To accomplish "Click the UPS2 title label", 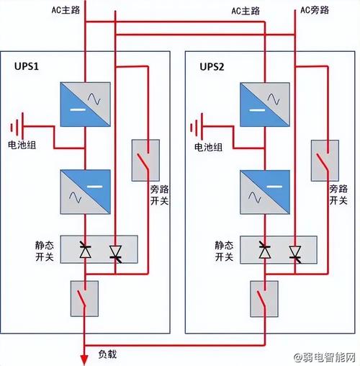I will (212, 66).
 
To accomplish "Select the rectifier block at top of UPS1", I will (85, 104).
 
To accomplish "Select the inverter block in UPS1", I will (85, 192).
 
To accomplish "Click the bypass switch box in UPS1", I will (146, 161).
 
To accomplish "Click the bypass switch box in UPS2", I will (325, 161).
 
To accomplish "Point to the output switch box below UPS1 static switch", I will (85, 298).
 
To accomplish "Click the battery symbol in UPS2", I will (196, 128).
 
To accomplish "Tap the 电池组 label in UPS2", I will (208, 148).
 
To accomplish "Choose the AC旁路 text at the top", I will (315, 10).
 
